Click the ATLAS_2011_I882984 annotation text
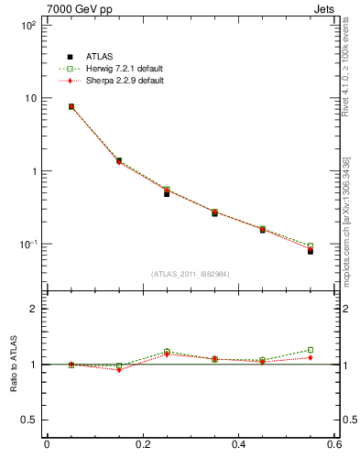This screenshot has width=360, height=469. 191,274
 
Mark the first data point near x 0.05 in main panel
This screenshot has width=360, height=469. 71,106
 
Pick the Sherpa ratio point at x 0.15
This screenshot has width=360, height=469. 119,370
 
